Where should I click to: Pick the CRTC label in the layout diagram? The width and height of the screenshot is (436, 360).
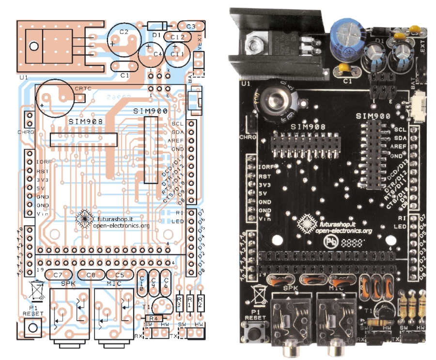[x=83, y=87]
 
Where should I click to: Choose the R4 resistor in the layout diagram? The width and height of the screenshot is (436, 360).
[x=154, y=318]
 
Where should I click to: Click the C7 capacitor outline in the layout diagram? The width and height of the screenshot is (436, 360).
[x=58, y=275]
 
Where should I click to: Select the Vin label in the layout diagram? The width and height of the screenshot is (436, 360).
[x=44, y=214]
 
